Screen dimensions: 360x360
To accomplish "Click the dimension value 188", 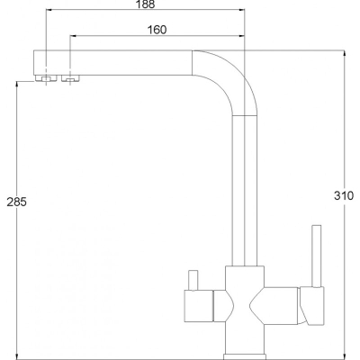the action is (145, 4).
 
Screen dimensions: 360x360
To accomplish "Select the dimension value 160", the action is (157, 30).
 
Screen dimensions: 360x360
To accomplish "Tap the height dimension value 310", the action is (344, 195).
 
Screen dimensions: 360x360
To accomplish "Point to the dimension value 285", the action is (17, 202).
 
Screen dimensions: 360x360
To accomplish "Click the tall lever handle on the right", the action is (317, 256).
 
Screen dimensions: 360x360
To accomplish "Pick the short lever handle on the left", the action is (193, 281).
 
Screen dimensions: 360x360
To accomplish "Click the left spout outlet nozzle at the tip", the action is (46, 78).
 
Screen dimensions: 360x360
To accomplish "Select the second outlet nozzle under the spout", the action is (70, 78).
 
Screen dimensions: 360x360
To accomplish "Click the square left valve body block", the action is (198, 306).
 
